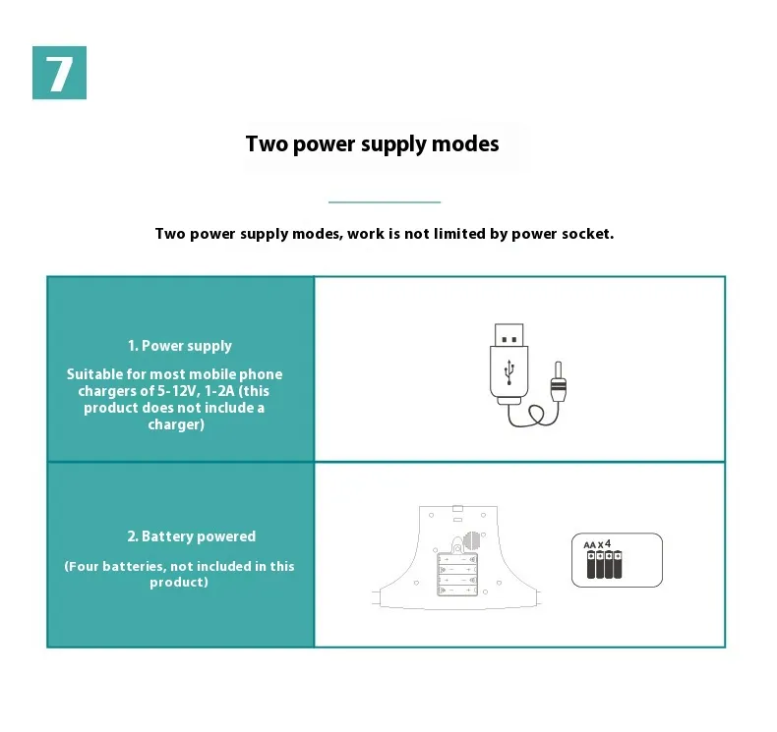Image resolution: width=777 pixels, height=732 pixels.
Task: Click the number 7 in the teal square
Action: pyautogui.click(x=59, y=74)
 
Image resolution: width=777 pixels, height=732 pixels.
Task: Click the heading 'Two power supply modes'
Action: pyautogui.click(x=372, y=144)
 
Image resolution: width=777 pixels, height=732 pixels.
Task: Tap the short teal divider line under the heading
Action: pyautogui.click(x=384, y=202)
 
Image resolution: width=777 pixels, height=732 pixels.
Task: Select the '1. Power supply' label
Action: pyautogui.click(x=179, y=346)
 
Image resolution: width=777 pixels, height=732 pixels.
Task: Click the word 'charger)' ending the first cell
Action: pyautogui.click(x=176, y=424)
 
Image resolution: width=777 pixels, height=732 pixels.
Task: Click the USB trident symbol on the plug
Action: pyautogui.click(x=508, y=372)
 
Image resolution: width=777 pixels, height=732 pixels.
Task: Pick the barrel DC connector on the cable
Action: pyautogui.click(x=558, y=381)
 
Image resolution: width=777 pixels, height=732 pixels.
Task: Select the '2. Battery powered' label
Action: pyautogui.click(x=191, y=536)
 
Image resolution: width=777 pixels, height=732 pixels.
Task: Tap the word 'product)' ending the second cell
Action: pyautogui.click(x=178, y=583)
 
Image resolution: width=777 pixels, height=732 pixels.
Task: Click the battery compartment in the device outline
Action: pyautogui.click(x=457, y=574)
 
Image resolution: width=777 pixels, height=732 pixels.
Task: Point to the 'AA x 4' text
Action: pyautogui.click(x=597, y=544)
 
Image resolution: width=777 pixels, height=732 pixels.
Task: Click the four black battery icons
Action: pyautogui.click(x=604, y=565)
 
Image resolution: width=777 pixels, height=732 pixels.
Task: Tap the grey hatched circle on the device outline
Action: pyautogui.click(x=472, y=540)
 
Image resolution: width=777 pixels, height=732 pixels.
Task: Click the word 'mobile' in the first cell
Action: pyautogui.click(x=212, y=374)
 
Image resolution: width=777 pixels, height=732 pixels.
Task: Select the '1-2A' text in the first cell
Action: pyautogui.click(x=219, y=391)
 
